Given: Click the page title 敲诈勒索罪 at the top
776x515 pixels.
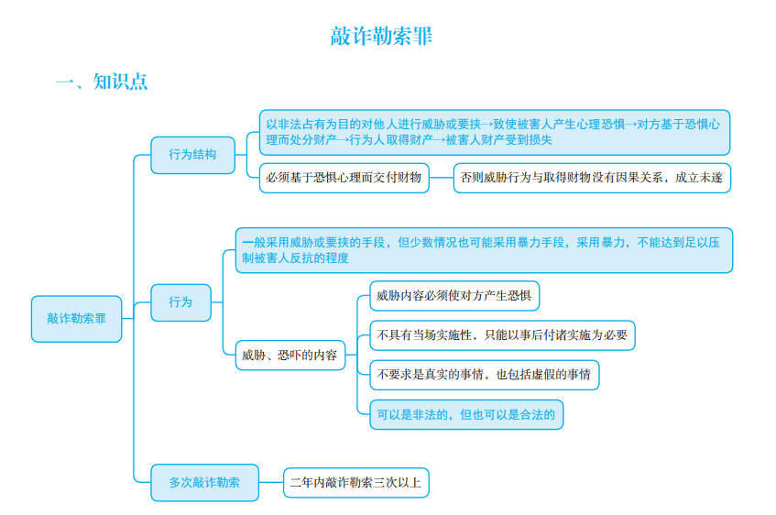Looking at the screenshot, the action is [x=381, y=36].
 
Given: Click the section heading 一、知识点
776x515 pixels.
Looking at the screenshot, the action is [x=102, y=82].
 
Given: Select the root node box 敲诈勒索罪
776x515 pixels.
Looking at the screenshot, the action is [x=77, y=319].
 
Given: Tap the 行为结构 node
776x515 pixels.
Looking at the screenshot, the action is [x=192, y=155].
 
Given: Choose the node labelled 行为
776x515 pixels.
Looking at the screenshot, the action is [x=180, y=302].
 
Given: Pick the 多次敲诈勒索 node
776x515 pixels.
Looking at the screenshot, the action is [x=204, y=482].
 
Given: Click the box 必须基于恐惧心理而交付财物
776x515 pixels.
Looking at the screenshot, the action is [x=344, y=178].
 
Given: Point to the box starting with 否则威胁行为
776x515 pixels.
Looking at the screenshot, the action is [x=592, y=178].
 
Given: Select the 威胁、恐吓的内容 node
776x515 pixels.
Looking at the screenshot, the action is [x=290, y=355].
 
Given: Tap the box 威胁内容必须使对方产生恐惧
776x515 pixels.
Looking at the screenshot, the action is [x=454, y=296].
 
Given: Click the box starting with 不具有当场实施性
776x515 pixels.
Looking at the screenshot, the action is [x=502, y=335].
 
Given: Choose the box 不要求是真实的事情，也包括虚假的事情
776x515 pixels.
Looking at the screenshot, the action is [x=485, y=375].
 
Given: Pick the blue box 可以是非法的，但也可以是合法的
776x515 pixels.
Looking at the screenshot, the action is [x=466, y=414].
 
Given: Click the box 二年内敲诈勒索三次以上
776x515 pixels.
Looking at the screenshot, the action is [x=355, y=482].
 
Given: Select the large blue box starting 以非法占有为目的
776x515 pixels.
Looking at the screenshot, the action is [x=495, y=132].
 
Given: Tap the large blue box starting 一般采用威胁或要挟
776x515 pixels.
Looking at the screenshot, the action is [x=484, y=250].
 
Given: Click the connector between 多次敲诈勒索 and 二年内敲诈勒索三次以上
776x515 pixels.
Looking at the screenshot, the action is [x=271, y=482].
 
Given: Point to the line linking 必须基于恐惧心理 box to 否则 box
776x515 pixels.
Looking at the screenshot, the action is [x=442, y=178].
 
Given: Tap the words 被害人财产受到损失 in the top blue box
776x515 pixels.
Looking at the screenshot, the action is [x=498, y=140].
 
